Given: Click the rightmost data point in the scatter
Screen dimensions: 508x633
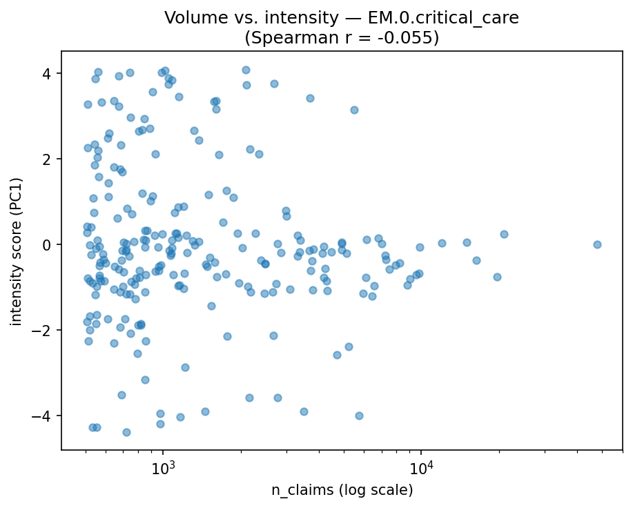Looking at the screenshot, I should tap(597, 244).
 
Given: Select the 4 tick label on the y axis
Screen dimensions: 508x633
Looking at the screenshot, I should tap(47, 74).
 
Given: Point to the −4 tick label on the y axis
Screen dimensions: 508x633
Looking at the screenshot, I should tap(43, 416).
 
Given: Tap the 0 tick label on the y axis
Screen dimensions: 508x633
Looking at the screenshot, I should tap(47, 245).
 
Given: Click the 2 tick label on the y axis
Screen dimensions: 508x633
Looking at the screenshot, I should tap(47, 159).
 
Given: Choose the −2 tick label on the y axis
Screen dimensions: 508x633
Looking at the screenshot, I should tap(43, 331).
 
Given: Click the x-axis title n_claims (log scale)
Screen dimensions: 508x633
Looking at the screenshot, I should tap(342, 491).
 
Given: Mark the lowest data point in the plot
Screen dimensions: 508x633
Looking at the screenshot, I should tap(126, 432).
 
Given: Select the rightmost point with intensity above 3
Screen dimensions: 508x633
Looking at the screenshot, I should tap(354, 110).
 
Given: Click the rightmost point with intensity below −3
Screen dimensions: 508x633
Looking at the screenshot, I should tap(359, 416).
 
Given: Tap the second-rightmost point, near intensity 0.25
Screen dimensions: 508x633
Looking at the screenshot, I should tap(504, 234).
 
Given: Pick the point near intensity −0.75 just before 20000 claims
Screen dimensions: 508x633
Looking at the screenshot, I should tap(497, 277).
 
